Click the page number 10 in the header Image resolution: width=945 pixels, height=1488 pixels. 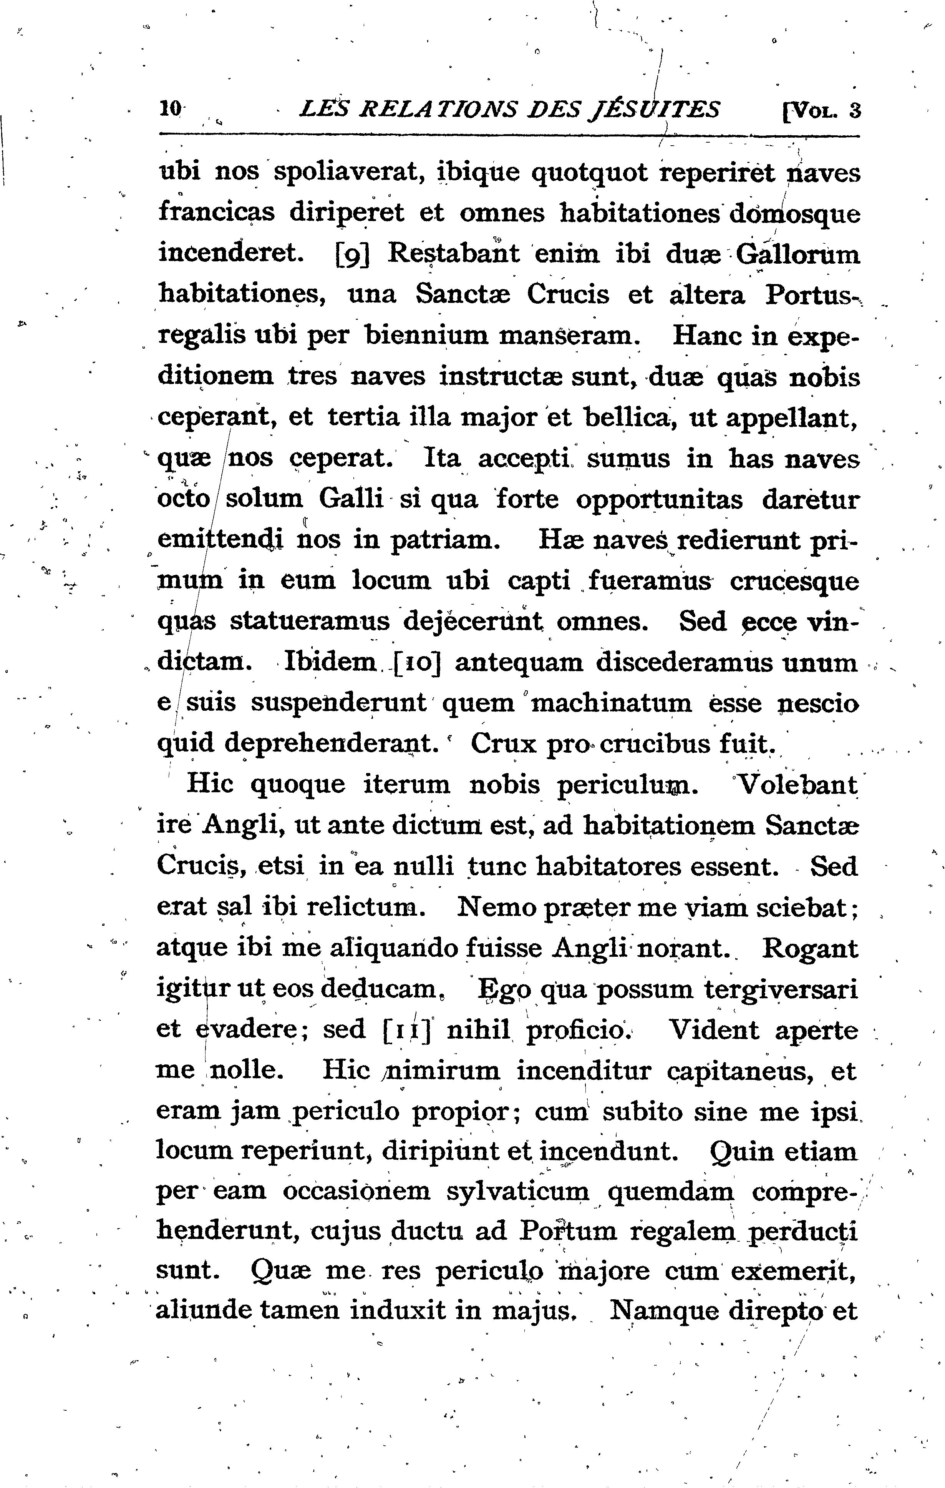(170, 110)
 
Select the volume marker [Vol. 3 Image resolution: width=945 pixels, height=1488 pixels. (821, 111)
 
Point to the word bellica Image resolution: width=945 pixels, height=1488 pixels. (628, 418)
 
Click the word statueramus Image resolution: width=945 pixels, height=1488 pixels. (310, 622)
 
